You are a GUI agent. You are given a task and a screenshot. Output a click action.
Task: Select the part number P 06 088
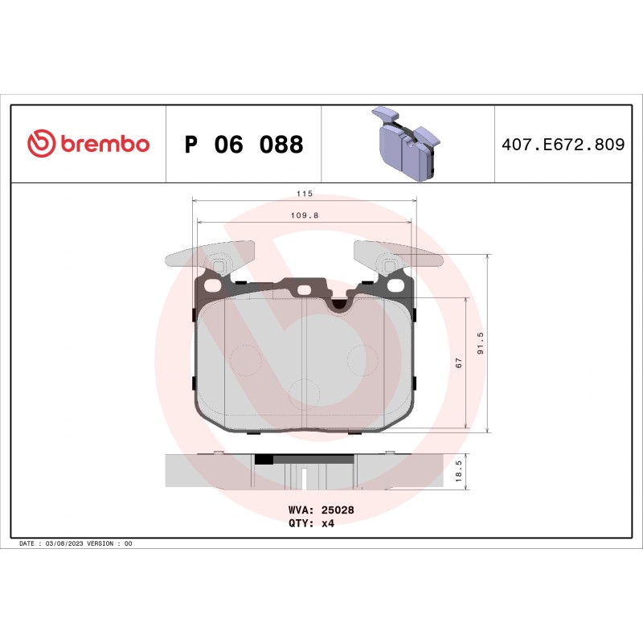[244, 145]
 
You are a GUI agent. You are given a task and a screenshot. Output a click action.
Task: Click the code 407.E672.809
[563, 145]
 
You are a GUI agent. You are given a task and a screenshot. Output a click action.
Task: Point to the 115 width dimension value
[303, 194]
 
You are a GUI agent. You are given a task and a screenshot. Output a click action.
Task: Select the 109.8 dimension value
[303, 215]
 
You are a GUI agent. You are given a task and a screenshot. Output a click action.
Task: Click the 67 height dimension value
[459, 362]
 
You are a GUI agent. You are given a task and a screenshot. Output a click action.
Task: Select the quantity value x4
[327, 522]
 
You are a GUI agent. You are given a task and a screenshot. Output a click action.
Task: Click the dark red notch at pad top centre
[340, 304]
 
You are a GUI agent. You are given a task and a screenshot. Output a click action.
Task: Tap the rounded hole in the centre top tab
[304, 291]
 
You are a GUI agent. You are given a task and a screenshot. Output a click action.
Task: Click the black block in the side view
[263, 461]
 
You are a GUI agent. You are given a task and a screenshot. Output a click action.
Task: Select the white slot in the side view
[305, 478]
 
